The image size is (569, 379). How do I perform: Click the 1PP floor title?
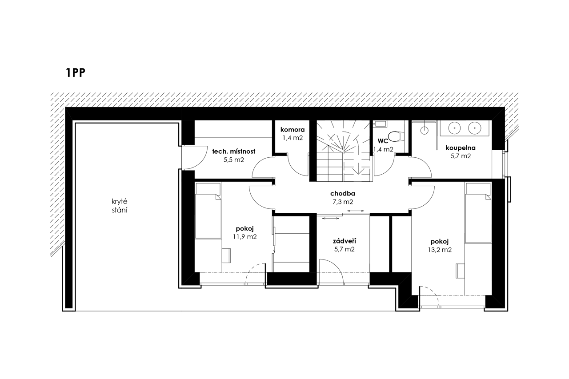click(76, 72)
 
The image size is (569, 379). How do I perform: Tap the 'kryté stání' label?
click(120, 206)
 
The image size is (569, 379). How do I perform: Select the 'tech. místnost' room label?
click(234, 152)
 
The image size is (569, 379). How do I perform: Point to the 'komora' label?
click(293, 130)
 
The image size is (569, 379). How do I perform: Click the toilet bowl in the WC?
click(394, 136)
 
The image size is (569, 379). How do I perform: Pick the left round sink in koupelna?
click(454, 128)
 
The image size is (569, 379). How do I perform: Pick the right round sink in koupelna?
click(474, 128)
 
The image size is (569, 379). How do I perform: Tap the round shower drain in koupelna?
click(424, 131)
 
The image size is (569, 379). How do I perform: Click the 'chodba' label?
click(343, 194)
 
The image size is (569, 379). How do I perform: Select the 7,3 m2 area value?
click(343, 202)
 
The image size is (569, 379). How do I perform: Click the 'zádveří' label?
click(344, 241)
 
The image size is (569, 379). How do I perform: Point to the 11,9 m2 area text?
click(245, 237)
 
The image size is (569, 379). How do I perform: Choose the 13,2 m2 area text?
click(440, 250)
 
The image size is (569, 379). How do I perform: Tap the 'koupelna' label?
click(461, 148)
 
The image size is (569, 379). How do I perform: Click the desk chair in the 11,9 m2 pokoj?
click(226, 255)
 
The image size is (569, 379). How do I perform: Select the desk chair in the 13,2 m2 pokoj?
click(460, 271)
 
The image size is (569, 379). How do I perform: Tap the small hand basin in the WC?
click(380, 124)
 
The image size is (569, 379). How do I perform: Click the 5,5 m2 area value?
click(234, 160)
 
